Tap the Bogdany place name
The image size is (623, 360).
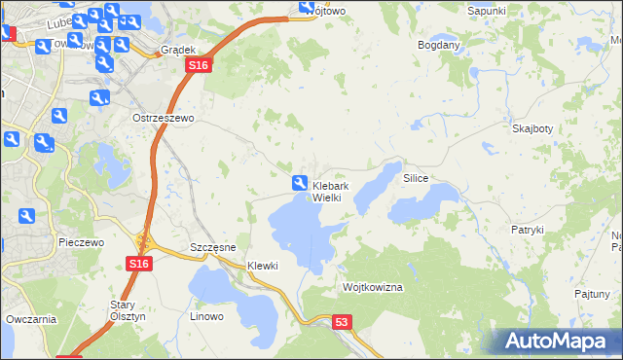coord(438,45)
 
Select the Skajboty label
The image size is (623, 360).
coord(531,128)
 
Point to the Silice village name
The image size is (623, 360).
coord(416,180)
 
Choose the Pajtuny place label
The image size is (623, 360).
coord(592,292)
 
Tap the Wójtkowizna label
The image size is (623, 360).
coord(372,288)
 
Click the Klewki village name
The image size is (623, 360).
coord(263,266)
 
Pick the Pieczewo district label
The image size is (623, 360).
coord(81,241)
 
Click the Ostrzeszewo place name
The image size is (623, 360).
coord(164,117)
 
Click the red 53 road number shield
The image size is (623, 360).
coord(341,321)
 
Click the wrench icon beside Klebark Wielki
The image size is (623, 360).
coord(300,182)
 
